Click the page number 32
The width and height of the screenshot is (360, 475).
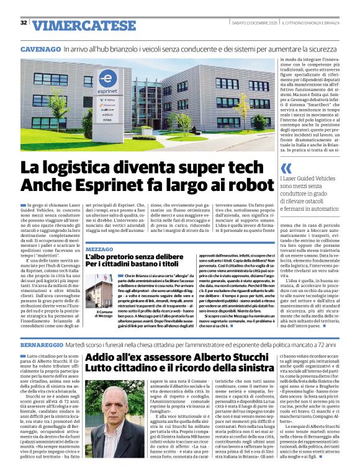point(24,23)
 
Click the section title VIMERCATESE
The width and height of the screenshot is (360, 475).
point(76,25)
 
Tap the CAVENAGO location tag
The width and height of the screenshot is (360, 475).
point(40,48)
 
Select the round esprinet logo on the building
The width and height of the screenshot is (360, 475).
point(107,79)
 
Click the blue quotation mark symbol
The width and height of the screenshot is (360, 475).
point(286,168)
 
